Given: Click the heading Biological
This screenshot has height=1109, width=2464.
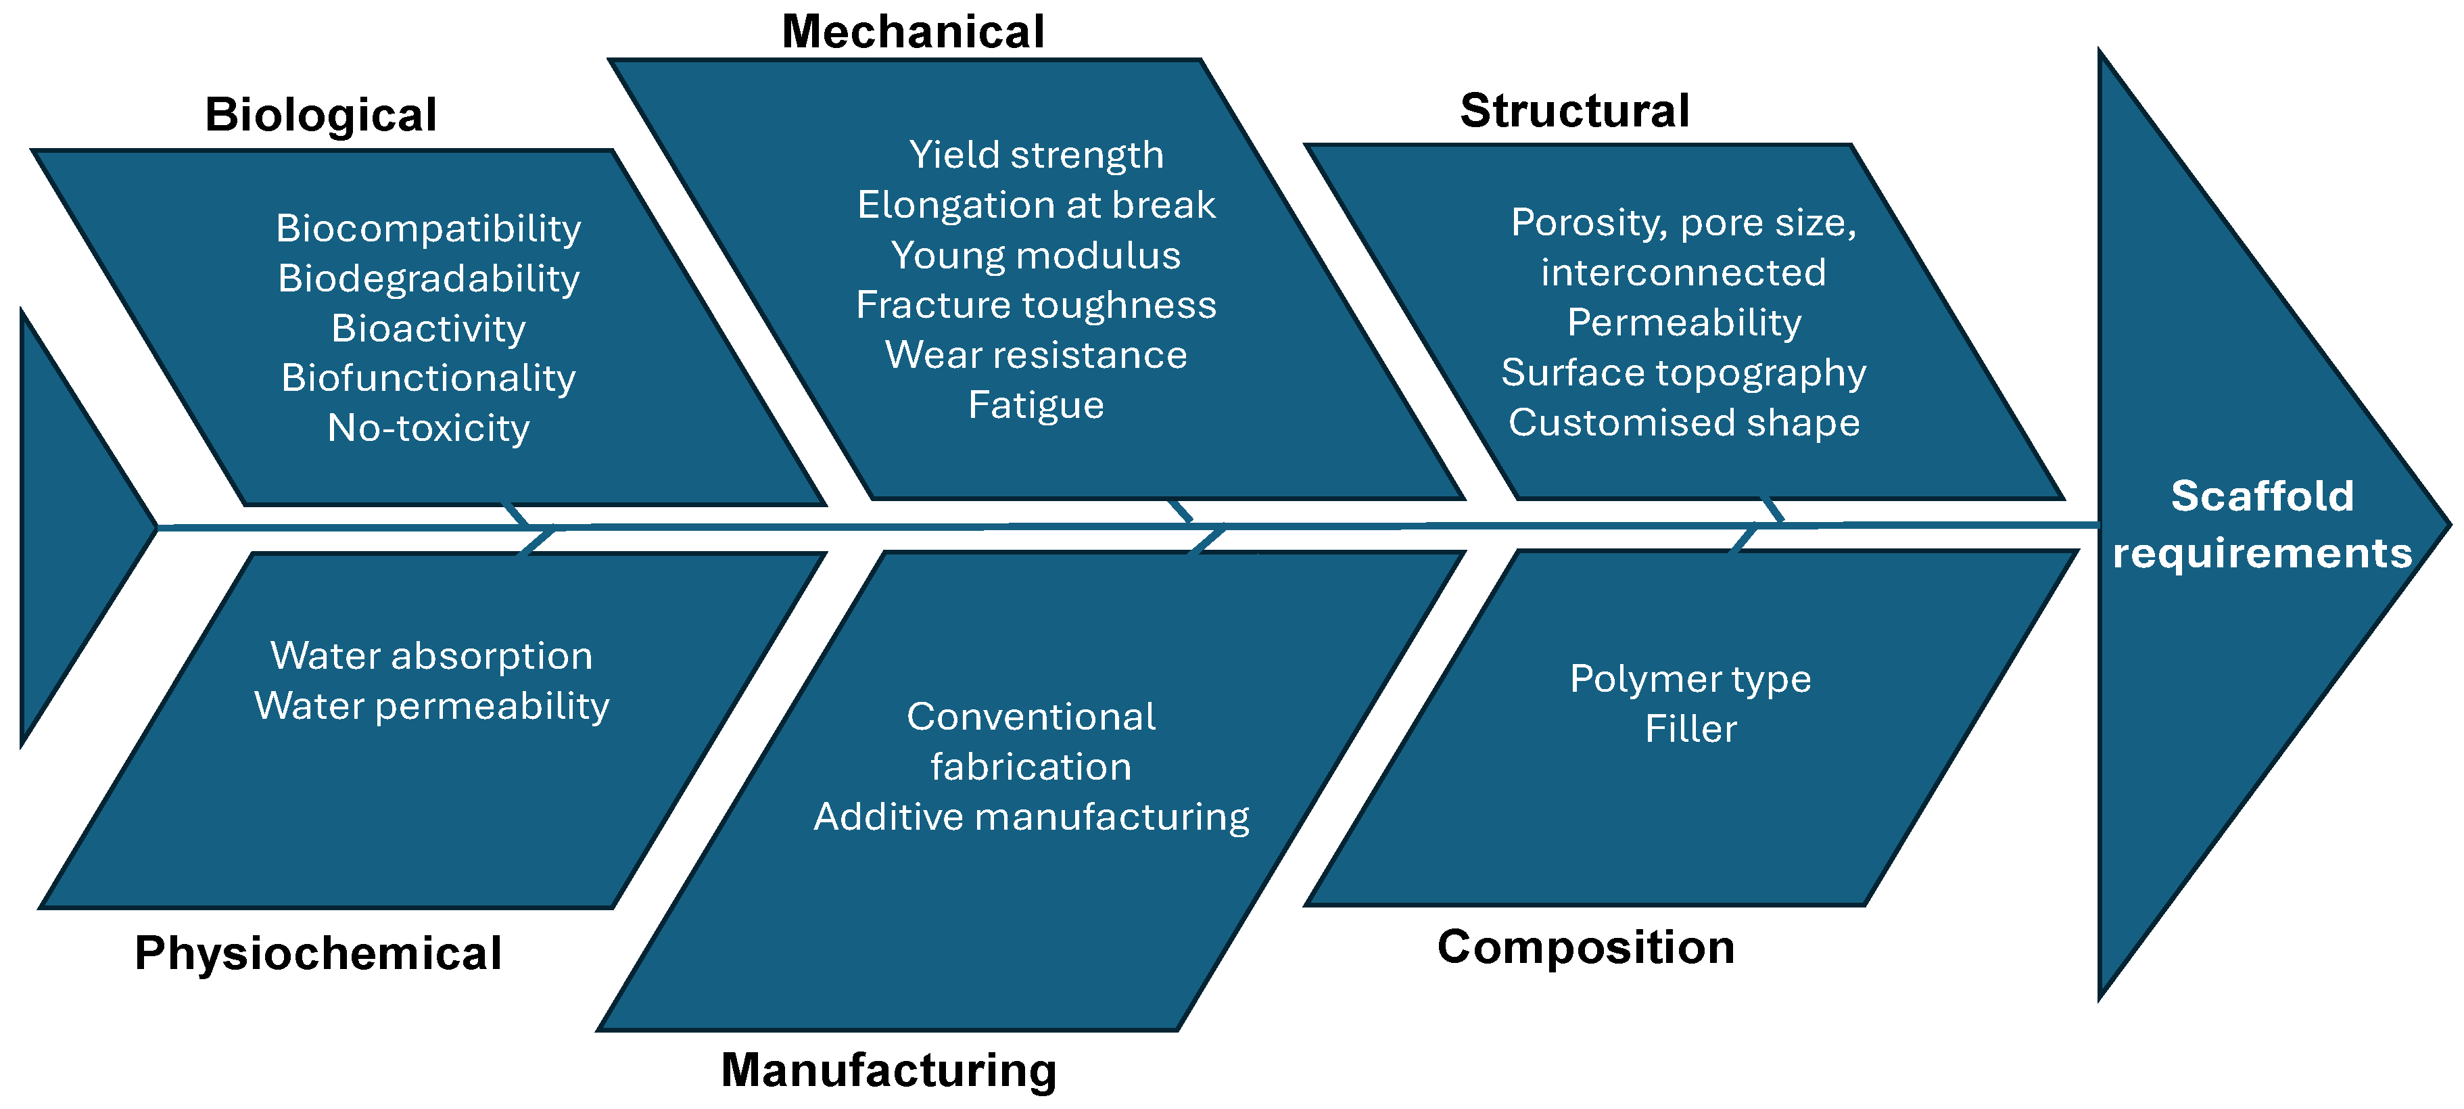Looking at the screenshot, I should (321, 115).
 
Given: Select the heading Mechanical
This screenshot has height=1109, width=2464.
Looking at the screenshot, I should (913, 32).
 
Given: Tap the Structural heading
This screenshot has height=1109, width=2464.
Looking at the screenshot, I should (1574, 111).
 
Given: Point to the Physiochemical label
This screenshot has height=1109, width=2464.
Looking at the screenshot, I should (318, 953).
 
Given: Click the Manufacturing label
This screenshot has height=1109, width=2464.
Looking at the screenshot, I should (889, 1070).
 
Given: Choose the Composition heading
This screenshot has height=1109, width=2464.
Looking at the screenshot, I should (1586, 947).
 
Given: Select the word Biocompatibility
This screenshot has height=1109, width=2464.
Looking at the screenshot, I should (429, 229).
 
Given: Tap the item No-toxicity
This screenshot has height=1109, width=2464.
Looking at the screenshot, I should (429, 428).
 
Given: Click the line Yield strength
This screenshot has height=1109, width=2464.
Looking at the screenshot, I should (1036, 155).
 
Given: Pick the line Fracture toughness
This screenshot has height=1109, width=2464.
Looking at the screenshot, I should (1036, 305).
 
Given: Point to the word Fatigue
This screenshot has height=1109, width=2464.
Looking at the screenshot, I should (1036, 405).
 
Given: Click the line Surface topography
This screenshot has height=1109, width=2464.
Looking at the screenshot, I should (1684, 372).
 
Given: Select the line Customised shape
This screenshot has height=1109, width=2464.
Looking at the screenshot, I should (1684, 422).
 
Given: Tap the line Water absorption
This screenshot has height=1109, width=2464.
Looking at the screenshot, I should (431, 657).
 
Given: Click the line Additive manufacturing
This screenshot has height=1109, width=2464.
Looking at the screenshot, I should (1031, 817).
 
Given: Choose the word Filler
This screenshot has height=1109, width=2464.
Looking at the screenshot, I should (1690, 729).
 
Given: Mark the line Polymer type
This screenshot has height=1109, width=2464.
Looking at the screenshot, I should (1690, 680).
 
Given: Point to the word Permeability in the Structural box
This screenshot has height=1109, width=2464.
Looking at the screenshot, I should (1684, 323).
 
